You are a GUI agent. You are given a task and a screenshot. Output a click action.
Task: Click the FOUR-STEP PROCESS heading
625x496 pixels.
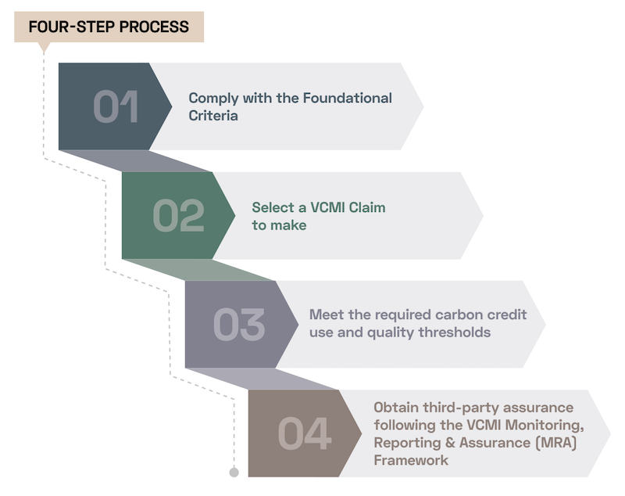[x=109, y=27]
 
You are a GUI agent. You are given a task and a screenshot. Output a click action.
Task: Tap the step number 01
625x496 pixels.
[x=116, y=106]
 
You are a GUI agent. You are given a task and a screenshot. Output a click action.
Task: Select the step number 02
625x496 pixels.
[x=178, y=216]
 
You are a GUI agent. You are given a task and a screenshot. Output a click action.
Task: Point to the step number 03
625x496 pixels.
[x=240, y=325]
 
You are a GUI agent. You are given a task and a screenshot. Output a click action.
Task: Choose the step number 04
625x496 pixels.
[x=304, y=433]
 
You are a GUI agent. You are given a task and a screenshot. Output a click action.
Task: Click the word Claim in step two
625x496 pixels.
[x=366, y=208]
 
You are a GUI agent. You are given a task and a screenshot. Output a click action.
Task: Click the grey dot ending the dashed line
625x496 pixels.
[x=234, y=472]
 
